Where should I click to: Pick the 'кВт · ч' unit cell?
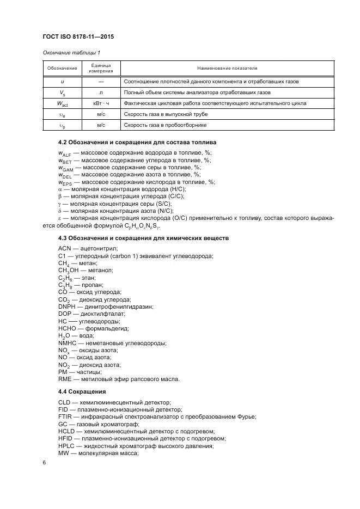click(101, 103)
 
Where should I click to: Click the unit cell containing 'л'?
click(101, 92)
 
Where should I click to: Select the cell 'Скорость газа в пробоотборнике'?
click(166, 125)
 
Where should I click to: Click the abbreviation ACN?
click(65, 248)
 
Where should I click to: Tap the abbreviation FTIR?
click(65, 416)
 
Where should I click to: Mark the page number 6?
click(44, 462)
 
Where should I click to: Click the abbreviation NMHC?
click(67, 343)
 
